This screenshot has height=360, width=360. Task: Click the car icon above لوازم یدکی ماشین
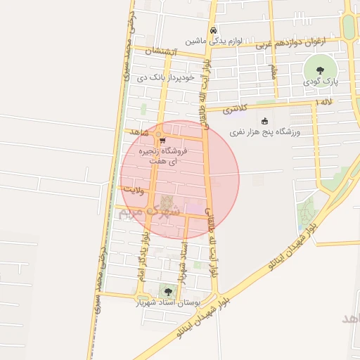213,30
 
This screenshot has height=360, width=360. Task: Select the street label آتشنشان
164,53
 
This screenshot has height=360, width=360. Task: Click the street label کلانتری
237,109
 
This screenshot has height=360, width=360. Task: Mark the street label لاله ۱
325,103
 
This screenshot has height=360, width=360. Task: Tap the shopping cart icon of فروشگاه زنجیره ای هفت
162,141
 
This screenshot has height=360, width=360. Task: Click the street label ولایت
133,189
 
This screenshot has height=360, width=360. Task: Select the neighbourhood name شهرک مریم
150,210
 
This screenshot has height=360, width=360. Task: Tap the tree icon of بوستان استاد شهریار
167,290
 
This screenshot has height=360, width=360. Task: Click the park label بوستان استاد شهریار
169,303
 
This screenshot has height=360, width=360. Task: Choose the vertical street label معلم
272,72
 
